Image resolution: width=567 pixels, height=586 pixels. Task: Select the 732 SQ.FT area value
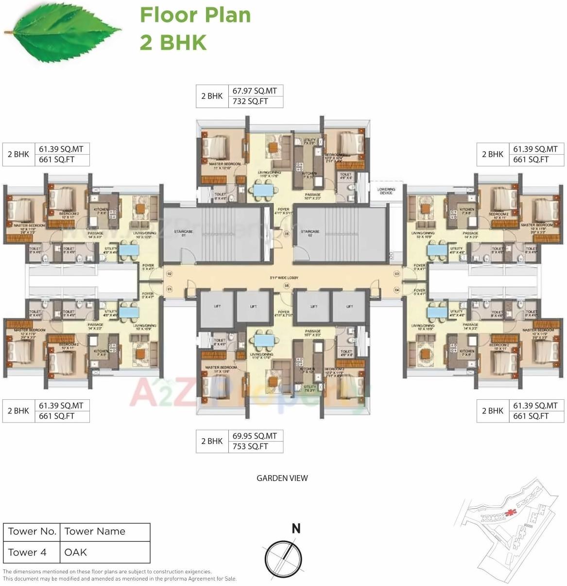click(x=250, y=102)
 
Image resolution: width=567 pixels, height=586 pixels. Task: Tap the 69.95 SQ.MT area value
click(x=255, y=436)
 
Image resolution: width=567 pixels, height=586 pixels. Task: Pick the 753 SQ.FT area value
click(x=250, y=446)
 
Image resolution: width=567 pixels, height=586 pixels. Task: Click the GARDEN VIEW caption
click(x=282, y=478)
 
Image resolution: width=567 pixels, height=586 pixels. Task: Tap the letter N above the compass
click(x=295, y=528)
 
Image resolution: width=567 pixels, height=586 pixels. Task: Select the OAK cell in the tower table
click(x=76, y=552)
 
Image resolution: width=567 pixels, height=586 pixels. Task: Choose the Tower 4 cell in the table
click(x=27, y=552)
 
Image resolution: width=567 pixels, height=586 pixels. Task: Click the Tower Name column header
click(x=95, y=532)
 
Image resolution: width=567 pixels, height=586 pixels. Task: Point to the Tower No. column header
click(x=32, y=532)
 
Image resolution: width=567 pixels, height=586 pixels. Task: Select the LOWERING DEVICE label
click(x=386, y=191)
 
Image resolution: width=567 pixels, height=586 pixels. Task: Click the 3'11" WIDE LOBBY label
click(x=284, y=278)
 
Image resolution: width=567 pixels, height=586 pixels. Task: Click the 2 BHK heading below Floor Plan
click(x=173, y=42)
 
